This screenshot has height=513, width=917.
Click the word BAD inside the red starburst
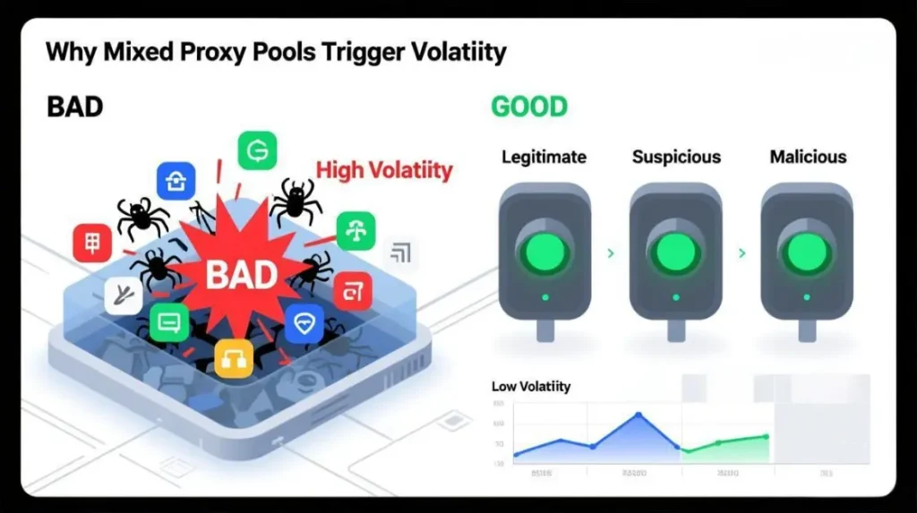[242, 273]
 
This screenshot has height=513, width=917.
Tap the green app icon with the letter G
[257, 150]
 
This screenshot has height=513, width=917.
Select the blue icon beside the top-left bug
[176, 180]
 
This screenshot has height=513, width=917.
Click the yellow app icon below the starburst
[234, 357]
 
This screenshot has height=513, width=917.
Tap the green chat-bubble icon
[168, 322]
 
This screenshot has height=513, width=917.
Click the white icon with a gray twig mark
[123, 295]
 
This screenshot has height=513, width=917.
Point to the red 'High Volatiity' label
[384, 169]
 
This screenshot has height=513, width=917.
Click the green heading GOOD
[528, 107]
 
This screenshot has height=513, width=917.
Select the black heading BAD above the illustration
[74, 107]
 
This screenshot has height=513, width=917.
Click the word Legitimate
[544, 157]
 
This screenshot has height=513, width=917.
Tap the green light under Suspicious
[675, 252]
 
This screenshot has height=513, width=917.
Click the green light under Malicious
[806, 252]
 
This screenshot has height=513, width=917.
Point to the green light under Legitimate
[544, 252]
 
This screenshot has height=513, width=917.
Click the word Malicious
[808, 157]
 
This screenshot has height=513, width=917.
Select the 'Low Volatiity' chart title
[531, 387]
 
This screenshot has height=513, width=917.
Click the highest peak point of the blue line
[638, 415]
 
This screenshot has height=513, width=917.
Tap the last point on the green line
[766, 437]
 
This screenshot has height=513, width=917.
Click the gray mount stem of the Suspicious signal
[675, 331]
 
